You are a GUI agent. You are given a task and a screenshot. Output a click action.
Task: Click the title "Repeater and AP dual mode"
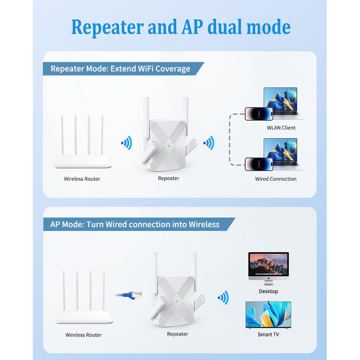[x=180, y=27]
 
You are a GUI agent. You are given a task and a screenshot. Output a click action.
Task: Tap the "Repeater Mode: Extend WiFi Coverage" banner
[x=120, y=69]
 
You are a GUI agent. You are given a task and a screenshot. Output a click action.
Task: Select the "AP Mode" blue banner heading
[x=135, y=224]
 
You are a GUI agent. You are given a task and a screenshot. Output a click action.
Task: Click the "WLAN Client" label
[x=281, y=128]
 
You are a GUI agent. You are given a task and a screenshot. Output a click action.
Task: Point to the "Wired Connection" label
[x=276, y=179]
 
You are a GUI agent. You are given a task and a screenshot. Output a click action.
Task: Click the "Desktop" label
[x=269, y=291]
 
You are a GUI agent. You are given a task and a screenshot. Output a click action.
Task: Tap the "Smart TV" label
[x=268, y=335]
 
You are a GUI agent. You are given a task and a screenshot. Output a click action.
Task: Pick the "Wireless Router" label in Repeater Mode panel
[x=82, y=179]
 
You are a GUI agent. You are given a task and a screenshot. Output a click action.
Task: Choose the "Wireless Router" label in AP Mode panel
[x=84, y=335]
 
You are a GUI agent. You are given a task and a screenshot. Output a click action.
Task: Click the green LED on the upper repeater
[x=168, y=146]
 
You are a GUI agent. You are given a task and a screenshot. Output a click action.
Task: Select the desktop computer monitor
[x=269, y=266]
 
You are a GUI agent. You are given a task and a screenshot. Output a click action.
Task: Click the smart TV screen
[x=268, y=314]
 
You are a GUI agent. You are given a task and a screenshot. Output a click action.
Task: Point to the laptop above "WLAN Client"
[x=280, y=103]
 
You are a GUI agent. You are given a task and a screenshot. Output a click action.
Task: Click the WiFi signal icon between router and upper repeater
[x=126, y=144]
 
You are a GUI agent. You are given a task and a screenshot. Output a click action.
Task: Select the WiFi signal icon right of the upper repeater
[x=208, y=144]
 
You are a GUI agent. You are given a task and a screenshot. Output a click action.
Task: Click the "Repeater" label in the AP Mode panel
[x=177, y=334]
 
